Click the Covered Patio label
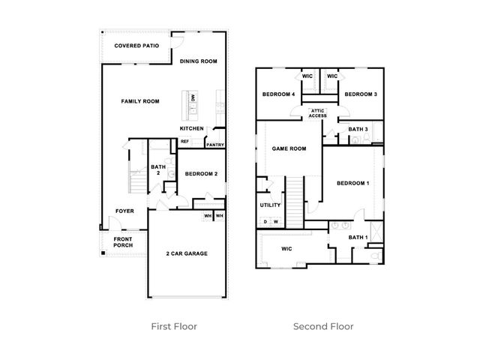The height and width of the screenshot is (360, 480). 136,46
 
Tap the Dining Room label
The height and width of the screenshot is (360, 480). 198,61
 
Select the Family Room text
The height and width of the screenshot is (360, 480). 140,101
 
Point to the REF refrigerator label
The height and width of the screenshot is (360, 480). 184,142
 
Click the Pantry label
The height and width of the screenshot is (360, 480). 215,145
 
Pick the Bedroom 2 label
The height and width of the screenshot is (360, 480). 201,174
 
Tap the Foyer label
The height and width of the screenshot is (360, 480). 124,211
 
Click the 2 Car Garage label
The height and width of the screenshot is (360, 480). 187,253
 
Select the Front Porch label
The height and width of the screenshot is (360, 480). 123,242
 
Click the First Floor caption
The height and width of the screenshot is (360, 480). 174,327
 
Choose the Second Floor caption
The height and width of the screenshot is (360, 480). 323,327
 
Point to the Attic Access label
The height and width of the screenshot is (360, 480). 318,113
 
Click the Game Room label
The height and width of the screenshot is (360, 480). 289,148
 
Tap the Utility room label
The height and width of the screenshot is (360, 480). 270,205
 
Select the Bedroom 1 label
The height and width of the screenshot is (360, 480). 353,183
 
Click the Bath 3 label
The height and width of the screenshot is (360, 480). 358,130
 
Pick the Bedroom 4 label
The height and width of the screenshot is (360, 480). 278,94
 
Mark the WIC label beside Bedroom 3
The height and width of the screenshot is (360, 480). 332,76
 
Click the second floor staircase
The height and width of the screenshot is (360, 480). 295,202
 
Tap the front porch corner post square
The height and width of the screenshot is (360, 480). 103,253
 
